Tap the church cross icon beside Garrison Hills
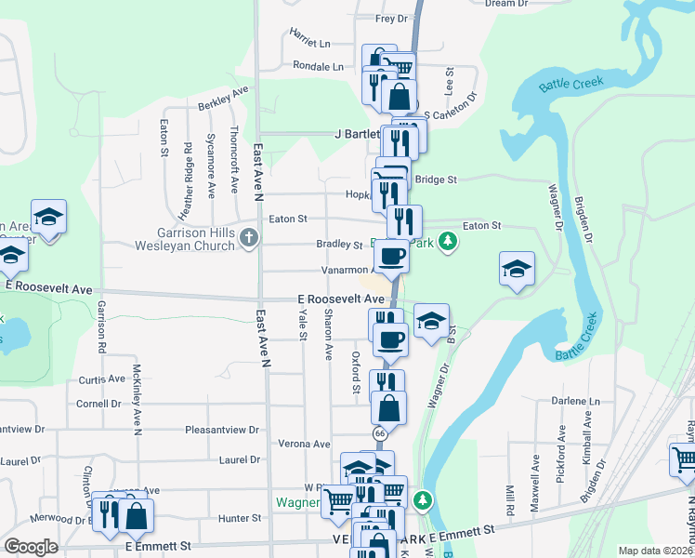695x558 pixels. [248, 238]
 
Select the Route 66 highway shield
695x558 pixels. [380, 434]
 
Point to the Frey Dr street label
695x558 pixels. [391, 19]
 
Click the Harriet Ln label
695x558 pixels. [310, 44]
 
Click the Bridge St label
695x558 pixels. [437, 179]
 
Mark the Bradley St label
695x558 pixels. [339, 245]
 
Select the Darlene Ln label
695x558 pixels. [570, 401]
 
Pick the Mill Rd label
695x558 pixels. [510, 501]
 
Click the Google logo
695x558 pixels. [32, 547]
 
